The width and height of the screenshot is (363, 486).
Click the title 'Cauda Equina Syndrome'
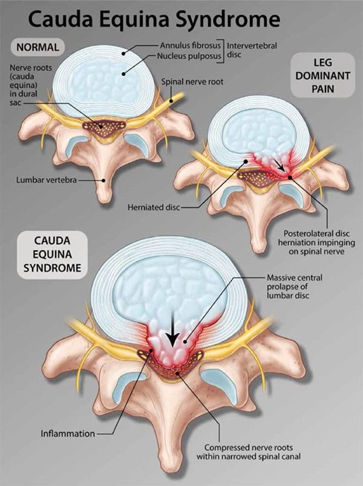click(154, 19)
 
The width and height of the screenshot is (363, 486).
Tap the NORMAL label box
click(38, 47)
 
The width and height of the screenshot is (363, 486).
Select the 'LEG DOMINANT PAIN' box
click(322, 76)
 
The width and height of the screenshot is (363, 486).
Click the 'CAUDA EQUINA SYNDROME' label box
click(52, 254)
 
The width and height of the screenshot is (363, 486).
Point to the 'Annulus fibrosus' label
click(190, 45)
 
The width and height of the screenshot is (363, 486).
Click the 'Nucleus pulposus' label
click(189, 56)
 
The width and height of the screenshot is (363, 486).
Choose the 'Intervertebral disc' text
click(252, 50)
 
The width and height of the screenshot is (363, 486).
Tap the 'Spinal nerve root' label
click(192, 82)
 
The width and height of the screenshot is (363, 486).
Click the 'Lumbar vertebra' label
click(47, 180)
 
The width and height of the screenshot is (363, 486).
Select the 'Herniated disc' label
click(154, 207)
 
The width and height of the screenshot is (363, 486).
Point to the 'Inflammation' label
click(68, 433)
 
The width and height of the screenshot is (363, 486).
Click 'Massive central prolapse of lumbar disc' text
click(295, 287)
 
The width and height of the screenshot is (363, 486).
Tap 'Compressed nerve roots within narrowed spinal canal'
click(248, 452)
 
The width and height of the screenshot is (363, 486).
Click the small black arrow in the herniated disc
click(280, 166)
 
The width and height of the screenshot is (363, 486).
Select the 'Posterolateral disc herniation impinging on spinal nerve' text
click(316, 242)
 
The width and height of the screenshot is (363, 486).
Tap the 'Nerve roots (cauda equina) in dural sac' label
click(30, 85)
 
